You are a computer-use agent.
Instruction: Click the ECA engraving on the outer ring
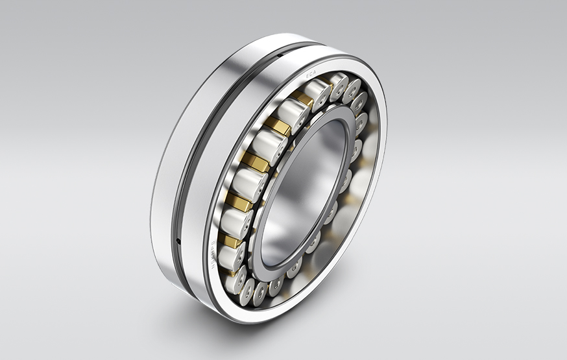pyautogui.click(x=312, y=77)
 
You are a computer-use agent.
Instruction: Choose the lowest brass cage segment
pyautogui.click(x=231, y=241)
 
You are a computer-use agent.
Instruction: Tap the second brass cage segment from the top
pyautogui.click(x=279, y=126)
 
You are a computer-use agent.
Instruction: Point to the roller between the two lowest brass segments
pyautogui.click(x=235, y=222)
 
